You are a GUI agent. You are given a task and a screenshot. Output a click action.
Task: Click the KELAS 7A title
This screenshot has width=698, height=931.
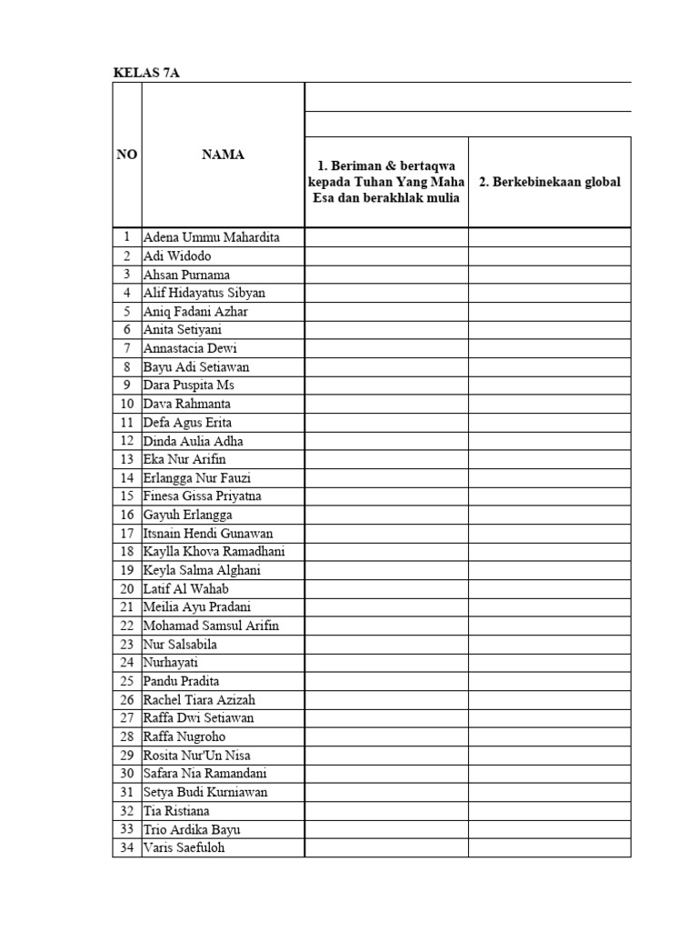146,74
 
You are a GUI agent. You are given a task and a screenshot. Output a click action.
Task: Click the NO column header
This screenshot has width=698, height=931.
127,155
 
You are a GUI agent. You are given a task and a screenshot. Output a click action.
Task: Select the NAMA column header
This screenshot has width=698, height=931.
223,155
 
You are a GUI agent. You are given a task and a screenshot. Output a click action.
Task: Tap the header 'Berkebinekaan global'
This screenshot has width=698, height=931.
550,182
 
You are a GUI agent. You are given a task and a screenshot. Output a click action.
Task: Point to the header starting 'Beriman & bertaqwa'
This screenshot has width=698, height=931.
386,182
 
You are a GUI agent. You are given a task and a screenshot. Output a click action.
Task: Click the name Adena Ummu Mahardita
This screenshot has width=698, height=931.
211,237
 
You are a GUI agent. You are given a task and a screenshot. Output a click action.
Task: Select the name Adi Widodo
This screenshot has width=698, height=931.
177,256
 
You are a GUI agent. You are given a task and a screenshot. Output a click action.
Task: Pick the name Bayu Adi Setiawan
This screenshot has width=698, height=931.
196,367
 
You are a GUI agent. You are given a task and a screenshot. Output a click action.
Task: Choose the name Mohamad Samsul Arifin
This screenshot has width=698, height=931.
211,626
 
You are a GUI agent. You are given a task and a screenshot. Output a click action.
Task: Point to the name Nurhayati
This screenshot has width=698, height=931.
170,663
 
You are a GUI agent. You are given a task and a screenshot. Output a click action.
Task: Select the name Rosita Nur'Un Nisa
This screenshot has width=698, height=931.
197,756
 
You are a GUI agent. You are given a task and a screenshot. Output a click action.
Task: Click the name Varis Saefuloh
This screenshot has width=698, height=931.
184,848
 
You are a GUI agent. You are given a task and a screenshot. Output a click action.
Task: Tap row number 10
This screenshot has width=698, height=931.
127,404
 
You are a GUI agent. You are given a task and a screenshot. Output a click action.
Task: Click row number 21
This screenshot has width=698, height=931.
127,607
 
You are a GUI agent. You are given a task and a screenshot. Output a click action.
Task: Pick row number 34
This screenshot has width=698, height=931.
127,848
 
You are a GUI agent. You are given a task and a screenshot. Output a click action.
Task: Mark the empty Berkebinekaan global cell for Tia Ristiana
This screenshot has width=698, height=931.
550,811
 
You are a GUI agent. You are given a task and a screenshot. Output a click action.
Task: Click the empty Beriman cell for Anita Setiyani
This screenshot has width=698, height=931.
386,330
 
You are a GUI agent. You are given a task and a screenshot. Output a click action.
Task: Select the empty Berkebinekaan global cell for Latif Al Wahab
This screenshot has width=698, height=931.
550,589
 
